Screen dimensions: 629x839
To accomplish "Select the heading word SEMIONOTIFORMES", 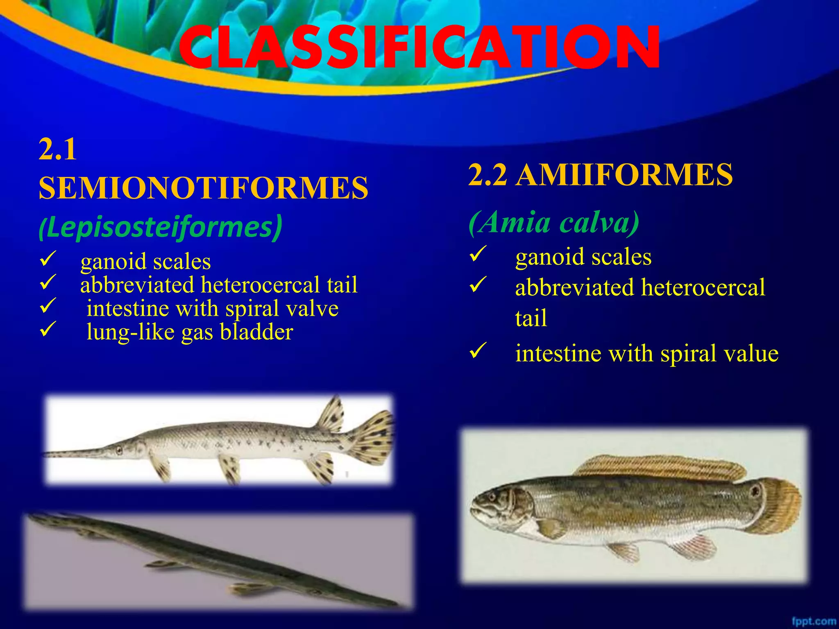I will click(x=203, y=188).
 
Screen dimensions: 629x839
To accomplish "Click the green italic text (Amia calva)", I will click(x=554, y=223).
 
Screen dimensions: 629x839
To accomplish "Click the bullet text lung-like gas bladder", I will click(x=190, y=332).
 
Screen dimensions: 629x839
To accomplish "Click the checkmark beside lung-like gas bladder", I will click(x=48, y=329).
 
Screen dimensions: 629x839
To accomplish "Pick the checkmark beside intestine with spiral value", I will click(x=478, y=350).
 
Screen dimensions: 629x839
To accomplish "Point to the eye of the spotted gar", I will click(x=119, y=450).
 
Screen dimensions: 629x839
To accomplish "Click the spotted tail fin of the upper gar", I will click(x=371, y=438).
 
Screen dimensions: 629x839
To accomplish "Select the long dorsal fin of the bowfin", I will click(x=660, y=467).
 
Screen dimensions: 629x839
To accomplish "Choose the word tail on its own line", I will click(x=531, y=318).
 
